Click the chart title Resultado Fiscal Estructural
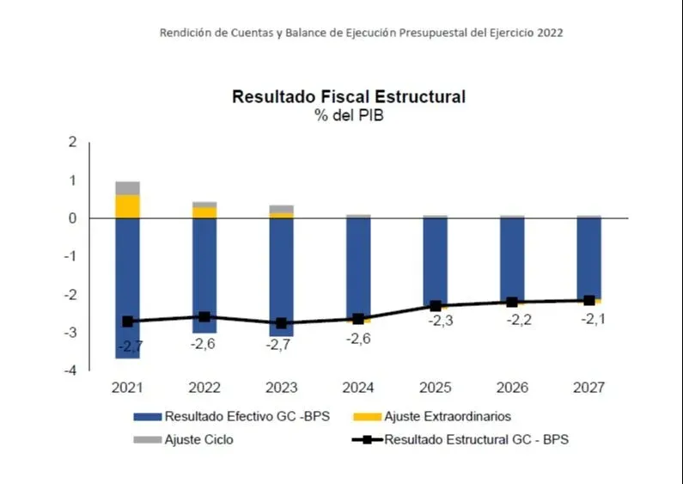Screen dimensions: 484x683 [x=349, y=97]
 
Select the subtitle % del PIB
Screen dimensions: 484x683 [x=349, y=116]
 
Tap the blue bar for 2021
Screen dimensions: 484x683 [x=128, y=275]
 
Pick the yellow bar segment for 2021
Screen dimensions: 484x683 [x=128, y=206]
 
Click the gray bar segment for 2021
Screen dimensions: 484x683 [x=128, y=188]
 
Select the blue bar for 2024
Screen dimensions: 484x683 [x=358, y=267]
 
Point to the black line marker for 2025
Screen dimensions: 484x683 [x=436, y=306]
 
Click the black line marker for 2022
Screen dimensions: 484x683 [x=204, y=317]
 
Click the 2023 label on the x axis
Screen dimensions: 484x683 [x=282, y=388]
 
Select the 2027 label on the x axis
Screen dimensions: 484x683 [x=589, y=388]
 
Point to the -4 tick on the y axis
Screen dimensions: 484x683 [x=72, y=371]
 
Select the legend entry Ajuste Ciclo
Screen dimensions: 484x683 [x=198, y=439]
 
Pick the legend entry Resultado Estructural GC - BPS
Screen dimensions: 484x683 [x=476, y=439]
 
